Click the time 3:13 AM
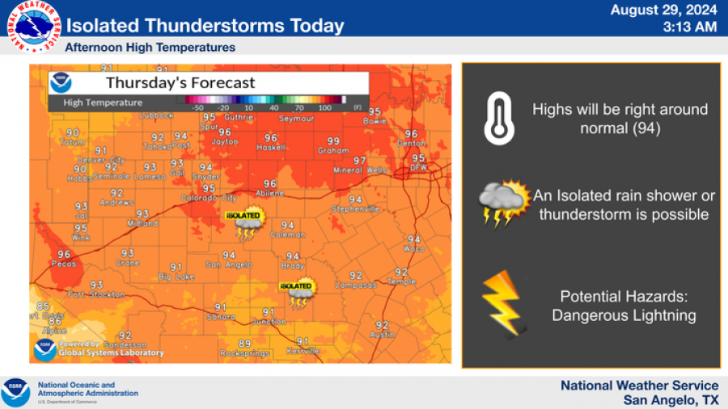[689, 27]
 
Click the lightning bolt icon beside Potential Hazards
[502, 305]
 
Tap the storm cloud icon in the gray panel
[502, 204]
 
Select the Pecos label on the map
[64, 264]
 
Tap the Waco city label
[413, 249]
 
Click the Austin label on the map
[382, 335]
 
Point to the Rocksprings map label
[243, 353]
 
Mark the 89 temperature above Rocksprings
[244, 344]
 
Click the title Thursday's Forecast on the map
[180, 82]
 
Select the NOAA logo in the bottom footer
[15, 392]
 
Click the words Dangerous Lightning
[624, 315]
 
